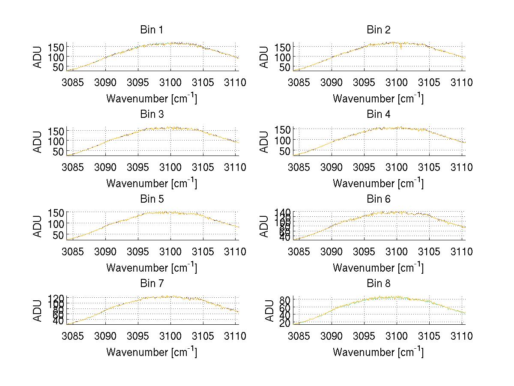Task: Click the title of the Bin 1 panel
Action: [151, 30]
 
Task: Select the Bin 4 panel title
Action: [378, 114]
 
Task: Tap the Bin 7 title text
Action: [151, 284]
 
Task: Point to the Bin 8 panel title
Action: [378, 284]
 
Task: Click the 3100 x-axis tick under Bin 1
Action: [170, 82]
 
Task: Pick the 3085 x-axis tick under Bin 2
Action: [299, 82]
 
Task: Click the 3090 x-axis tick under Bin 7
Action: [105, 336]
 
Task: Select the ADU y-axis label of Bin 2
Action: [265, 57]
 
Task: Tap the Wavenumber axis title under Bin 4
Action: [378, 183]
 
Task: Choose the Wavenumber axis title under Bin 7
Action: [151, 352]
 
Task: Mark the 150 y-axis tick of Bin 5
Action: [57, 213]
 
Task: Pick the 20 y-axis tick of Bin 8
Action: [287, 323]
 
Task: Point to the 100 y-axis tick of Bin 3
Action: [57, 141]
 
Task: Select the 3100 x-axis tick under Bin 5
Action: [170, 251]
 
